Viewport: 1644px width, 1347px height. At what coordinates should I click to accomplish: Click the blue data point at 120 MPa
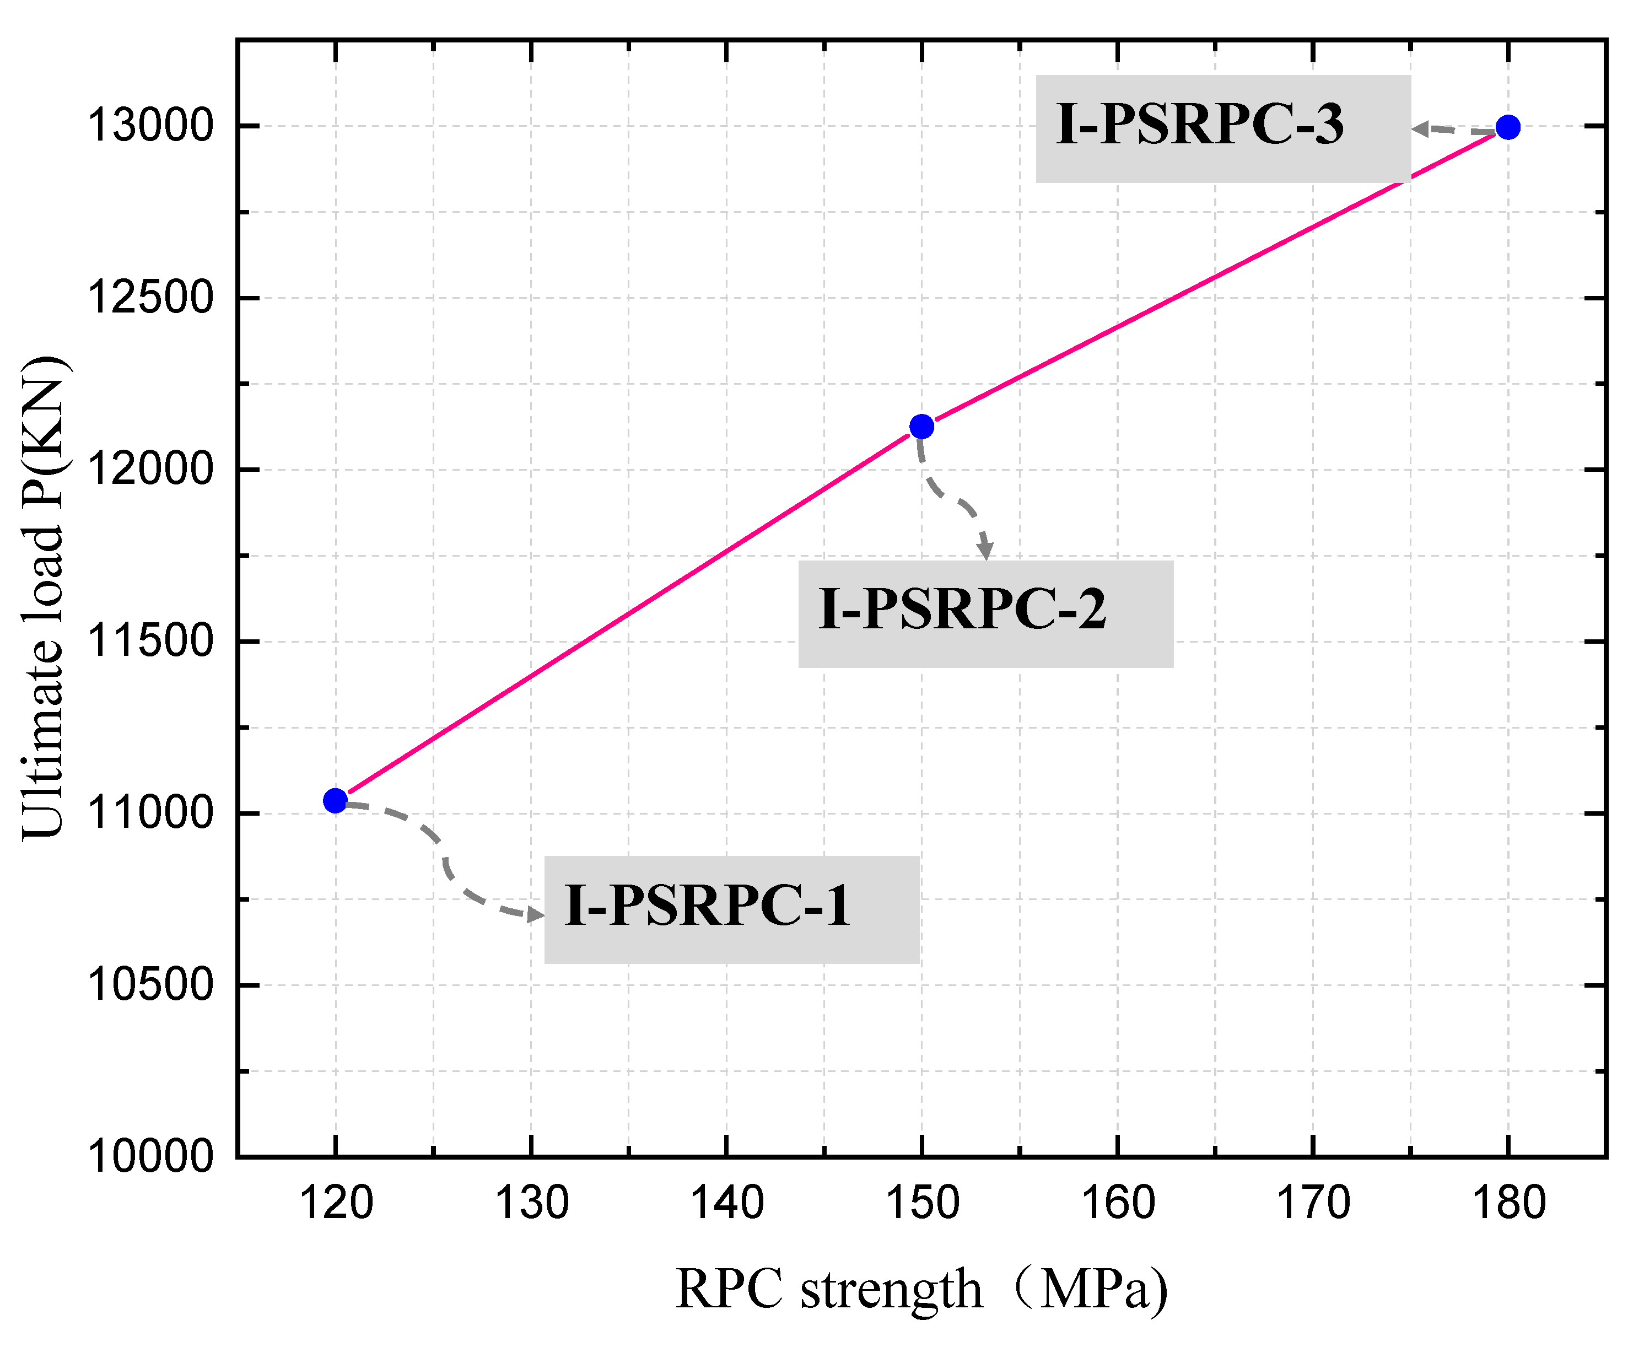[x=335, y=800]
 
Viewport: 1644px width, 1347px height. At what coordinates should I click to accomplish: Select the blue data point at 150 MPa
[x=921, y=426]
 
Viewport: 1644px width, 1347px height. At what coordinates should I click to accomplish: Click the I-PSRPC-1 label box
[x=731, y=909]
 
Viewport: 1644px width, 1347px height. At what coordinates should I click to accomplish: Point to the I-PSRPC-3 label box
[x=1223, y=129]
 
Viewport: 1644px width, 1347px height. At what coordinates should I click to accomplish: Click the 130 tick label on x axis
[x=531, y=1204]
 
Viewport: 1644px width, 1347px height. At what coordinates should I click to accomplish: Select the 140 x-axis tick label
[x=727, y=1204]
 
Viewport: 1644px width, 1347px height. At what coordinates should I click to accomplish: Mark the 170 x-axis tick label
[x=1313, y=1204]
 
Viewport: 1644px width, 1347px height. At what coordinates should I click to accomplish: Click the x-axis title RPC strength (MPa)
[x=921, y=1290]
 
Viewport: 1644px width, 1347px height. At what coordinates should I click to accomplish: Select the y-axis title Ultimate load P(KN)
[x=44, y=597]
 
